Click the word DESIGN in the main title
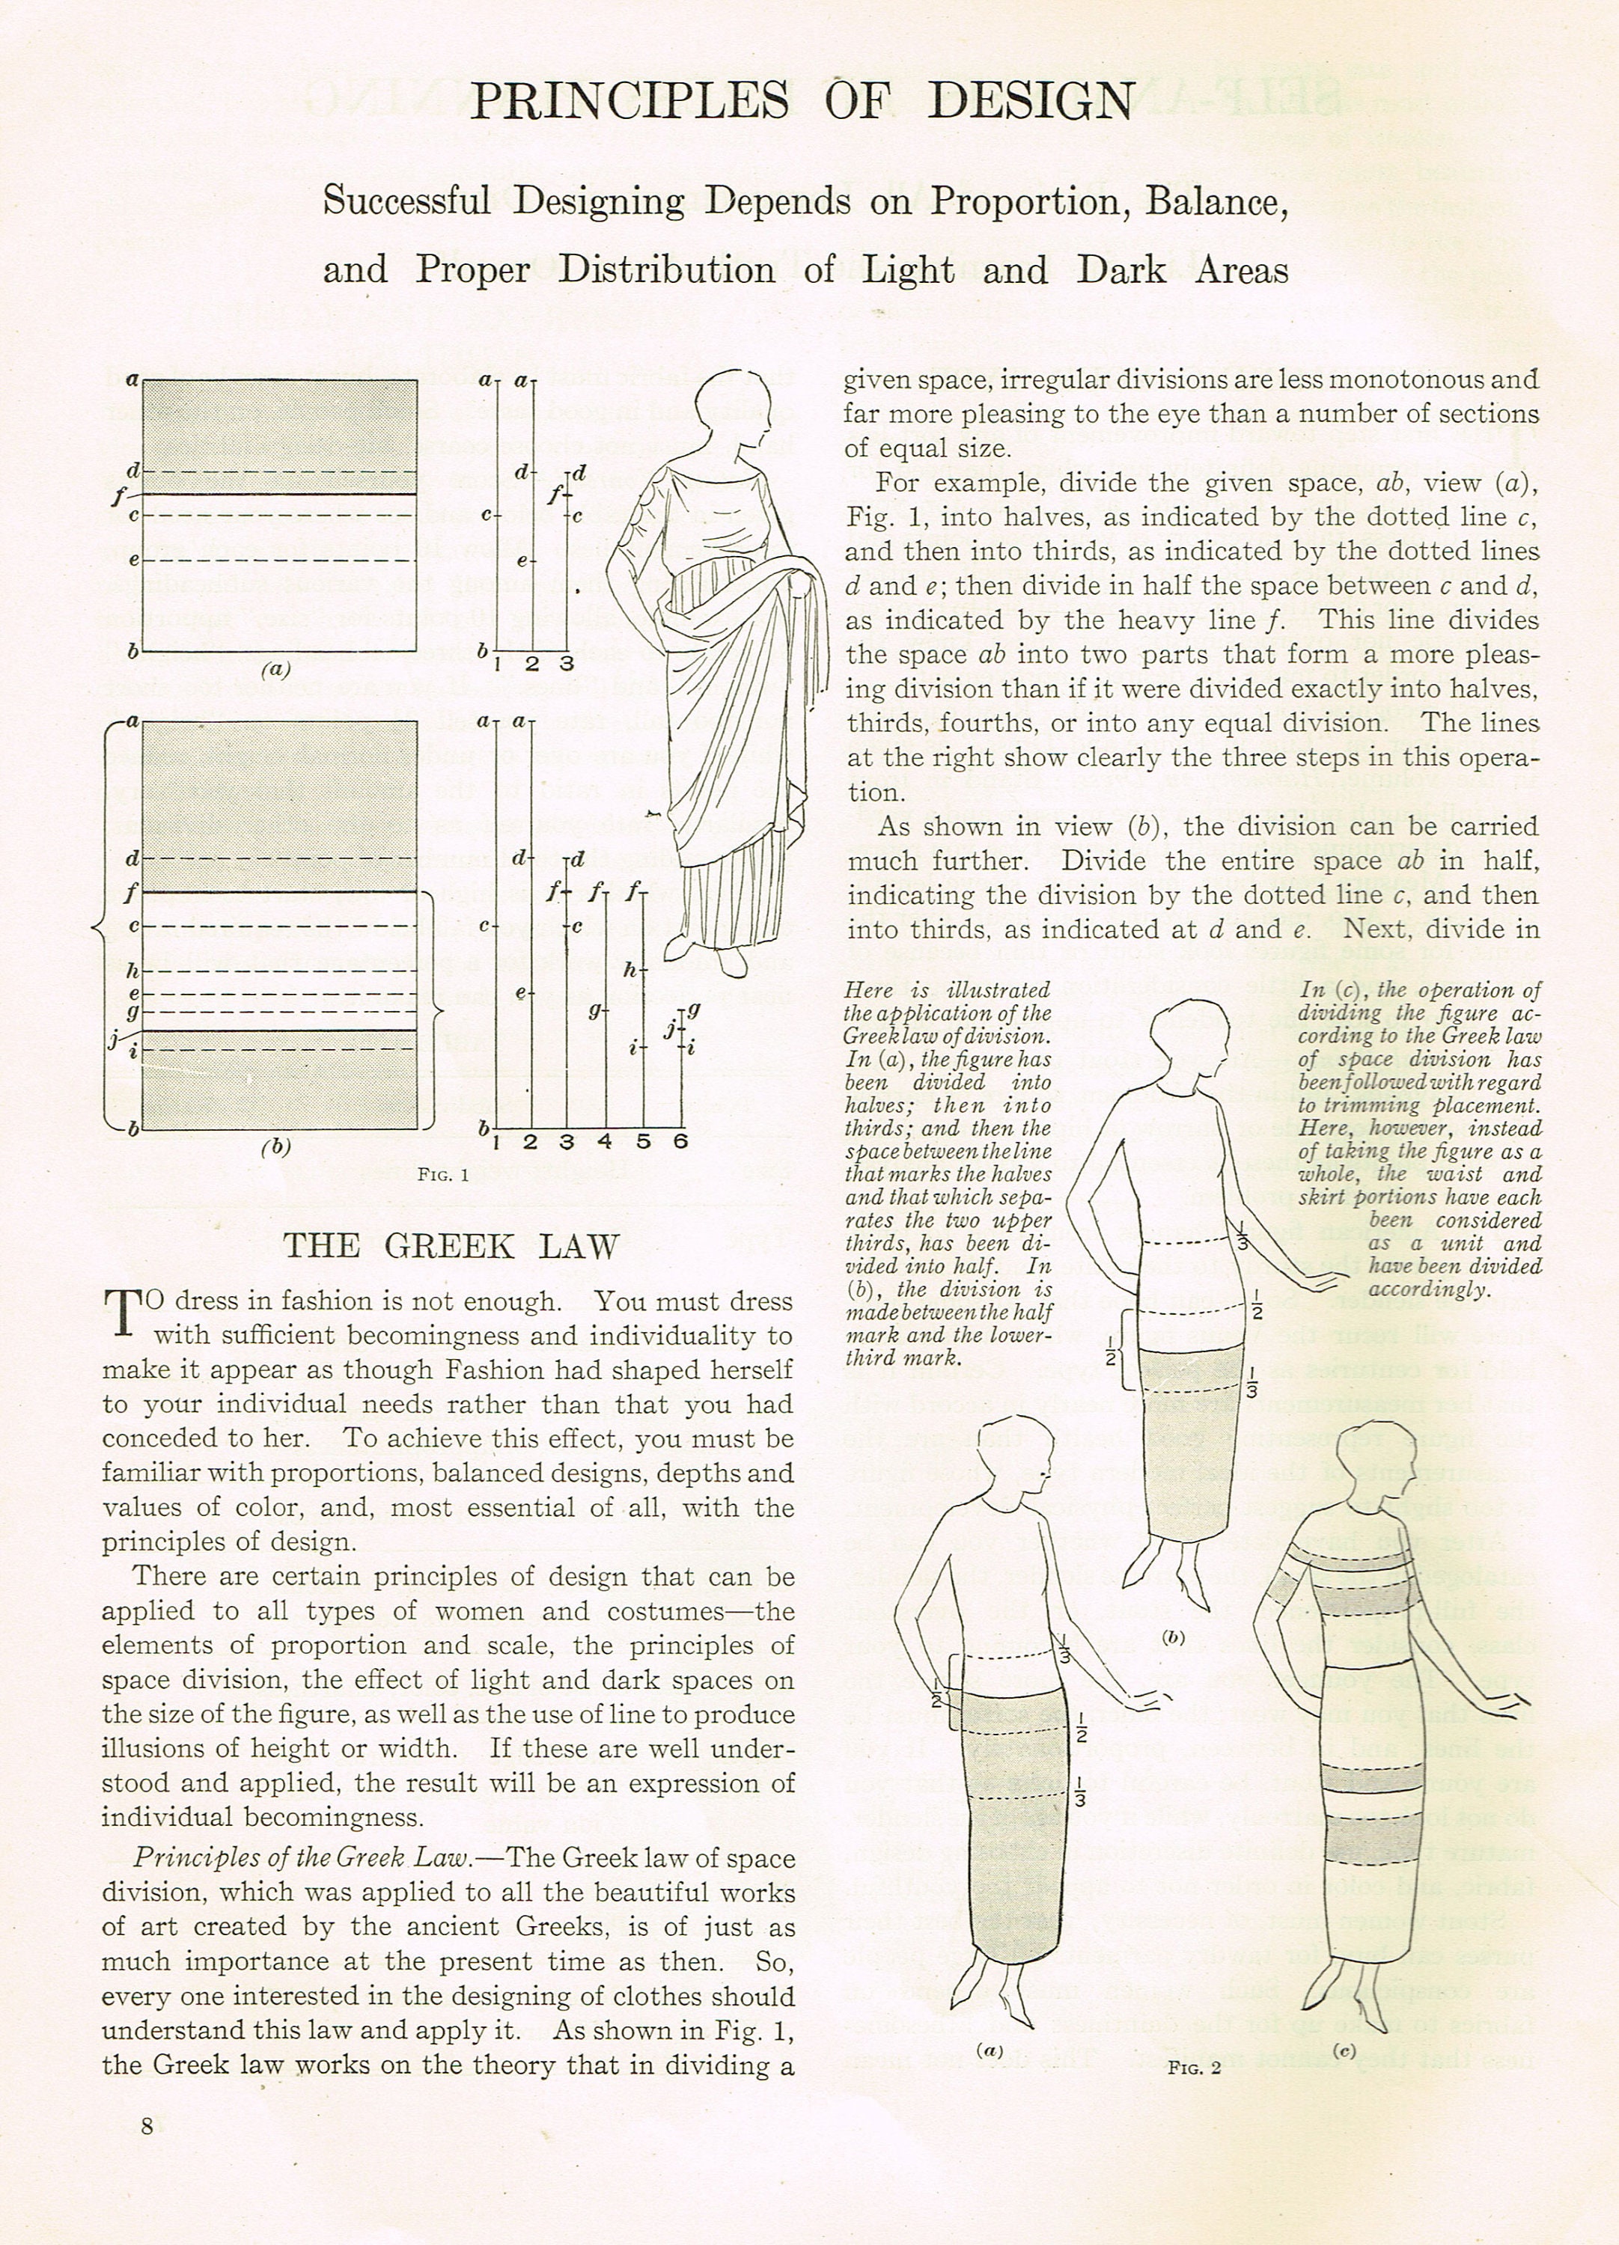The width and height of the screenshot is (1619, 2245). [x=1030, y=101]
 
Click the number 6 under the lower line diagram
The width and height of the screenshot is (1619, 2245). [x=680, y=1141]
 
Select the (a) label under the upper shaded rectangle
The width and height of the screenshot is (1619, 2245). [x=275, y=669]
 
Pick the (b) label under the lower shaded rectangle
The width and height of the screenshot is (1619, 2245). [x=275, y=1148]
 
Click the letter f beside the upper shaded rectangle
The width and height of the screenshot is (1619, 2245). [x=118, y=493]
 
